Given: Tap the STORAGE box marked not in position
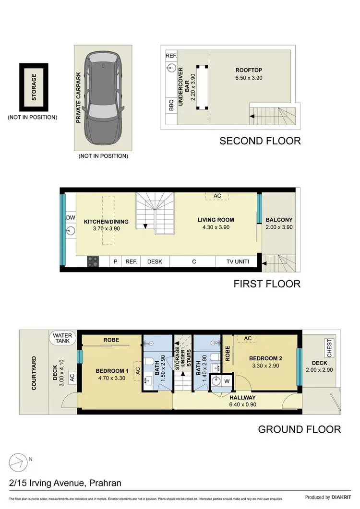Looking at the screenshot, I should [x=34, y=87].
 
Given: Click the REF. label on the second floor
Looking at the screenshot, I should [x=171, y=56].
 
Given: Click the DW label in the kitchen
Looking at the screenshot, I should [x=70, y=217].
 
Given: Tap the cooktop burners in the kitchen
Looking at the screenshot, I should [x=93, y=261].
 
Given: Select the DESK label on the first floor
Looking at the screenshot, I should [x=155, y=261].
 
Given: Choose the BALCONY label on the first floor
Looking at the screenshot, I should [x=279, y=220].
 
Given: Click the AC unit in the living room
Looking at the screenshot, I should [x=217, y=196].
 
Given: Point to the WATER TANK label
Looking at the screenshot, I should [x=62, y=338].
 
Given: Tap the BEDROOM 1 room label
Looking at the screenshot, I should [x=112, y=371].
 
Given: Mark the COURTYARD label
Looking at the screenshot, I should [x=34, y=372].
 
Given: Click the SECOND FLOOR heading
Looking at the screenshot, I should [x=260, y=141].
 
